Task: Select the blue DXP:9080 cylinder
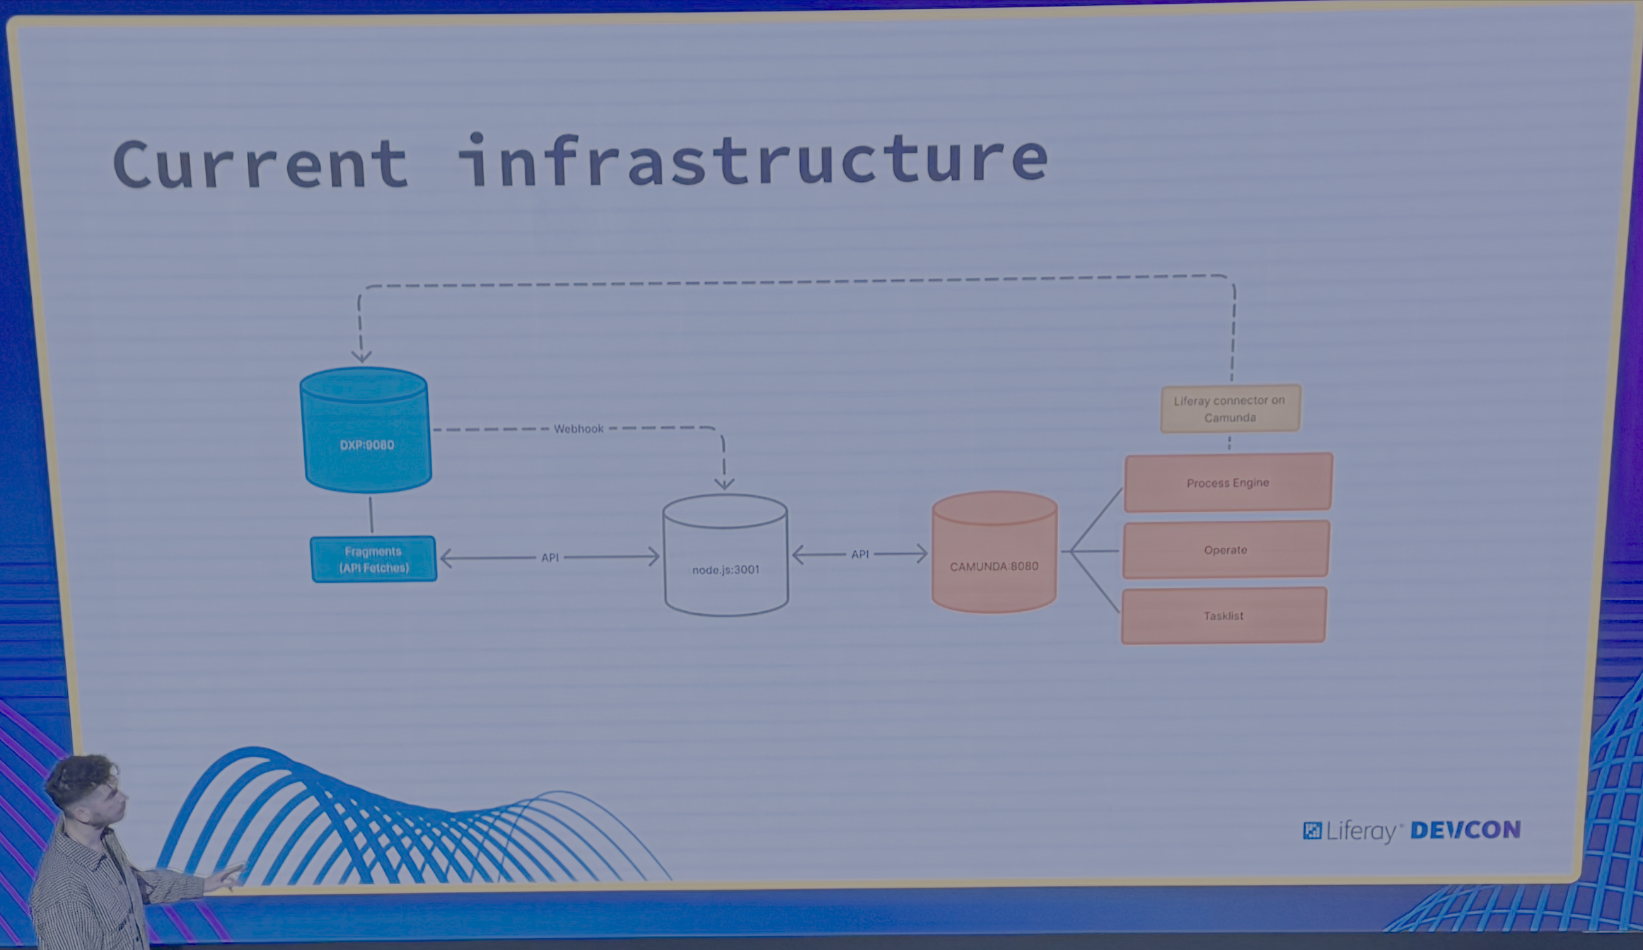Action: point(366,431)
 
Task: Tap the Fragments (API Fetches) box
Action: point(373,560)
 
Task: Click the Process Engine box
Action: point(1228,483)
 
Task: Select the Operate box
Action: point(1226,550)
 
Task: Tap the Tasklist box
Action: point(1224,615)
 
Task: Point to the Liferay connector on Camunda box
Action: point(1230,409)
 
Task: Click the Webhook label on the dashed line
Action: point(579,429)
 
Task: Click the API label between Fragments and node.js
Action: point(550,557)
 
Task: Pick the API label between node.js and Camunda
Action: point(860,554)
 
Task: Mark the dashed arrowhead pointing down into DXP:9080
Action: point(362,355)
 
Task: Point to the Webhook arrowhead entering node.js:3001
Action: point(724,484)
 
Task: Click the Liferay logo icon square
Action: point(1312,830)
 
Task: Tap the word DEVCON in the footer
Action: point(1465,830)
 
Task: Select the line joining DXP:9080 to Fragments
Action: point(371,514)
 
